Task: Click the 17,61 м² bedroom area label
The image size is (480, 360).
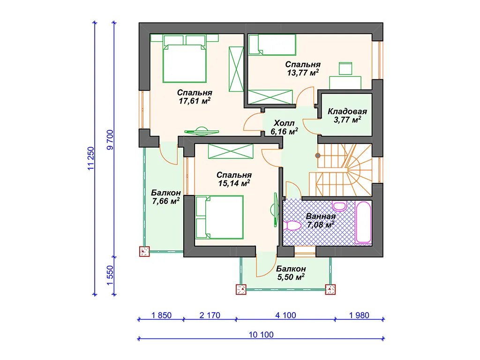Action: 195,101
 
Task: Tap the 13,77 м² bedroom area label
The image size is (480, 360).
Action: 303,73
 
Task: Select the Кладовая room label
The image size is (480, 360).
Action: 347,112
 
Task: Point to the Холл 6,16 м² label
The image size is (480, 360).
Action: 284,127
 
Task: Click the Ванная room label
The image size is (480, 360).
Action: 321,217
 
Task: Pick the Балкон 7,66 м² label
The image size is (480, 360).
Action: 165,197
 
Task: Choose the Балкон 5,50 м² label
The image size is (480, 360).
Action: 291,273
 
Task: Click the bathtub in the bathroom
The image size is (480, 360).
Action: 363,222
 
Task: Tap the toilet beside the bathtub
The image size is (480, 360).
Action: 339,206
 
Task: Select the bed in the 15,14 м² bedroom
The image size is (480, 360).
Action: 219,217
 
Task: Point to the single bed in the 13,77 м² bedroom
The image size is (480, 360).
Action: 272,45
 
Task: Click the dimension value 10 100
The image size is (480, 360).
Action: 261,335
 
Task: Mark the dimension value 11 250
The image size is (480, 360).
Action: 91,158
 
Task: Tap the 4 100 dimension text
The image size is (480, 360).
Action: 285,315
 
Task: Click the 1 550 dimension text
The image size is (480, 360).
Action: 110,275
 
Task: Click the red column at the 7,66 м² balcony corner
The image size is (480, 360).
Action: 144,251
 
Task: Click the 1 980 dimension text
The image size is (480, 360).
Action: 359,315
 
